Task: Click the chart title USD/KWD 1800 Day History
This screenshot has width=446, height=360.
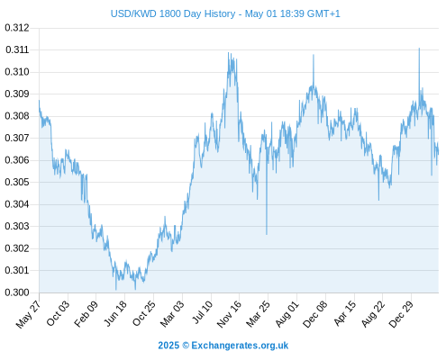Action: (x=173, y=13)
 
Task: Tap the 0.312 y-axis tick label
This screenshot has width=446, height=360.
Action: (x=17, y=28)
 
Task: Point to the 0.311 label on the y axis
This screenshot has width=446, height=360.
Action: (x=17, y=49)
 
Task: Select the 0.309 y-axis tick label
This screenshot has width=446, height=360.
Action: (x=17, y=94)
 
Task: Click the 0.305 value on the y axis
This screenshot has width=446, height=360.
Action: (x=17, y=182)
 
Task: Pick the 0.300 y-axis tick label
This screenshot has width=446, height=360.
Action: (x=17, y=292)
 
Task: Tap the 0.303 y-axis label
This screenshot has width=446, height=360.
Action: (x=17, y=226)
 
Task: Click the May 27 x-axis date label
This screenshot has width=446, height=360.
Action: (x=28, y=314)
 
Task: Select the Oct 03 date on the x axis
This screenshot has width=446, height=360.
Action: (x=58, y=313)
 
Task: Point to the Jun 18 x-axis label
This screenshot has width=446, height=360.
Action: (x=115, y=313)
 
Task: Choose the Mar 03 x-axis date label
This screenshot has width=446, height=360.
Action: (x=172, y=314)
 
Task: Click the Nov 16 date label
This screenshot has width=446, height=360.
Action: (x=229, y=314)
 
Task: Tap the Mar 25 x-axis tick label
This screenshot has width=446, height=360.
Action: (x=258, y=314)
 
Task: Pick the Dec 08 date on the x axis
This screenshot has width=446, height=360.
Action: (x=315, y=314)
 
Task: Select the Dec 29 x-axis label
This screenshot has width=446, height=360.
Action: (x=401, y=314)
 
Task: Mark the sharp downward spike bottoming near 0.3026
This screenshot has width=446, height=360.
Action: (x=267, y=234)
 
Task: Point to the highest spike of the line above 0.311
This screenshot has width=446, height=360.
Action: (x=419, y=49)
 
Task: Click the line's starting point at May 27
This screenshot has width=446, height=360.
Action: (x=39, y=101)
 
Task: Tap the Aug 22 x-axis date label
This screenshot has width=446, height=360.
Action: (x=373, y=314)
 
